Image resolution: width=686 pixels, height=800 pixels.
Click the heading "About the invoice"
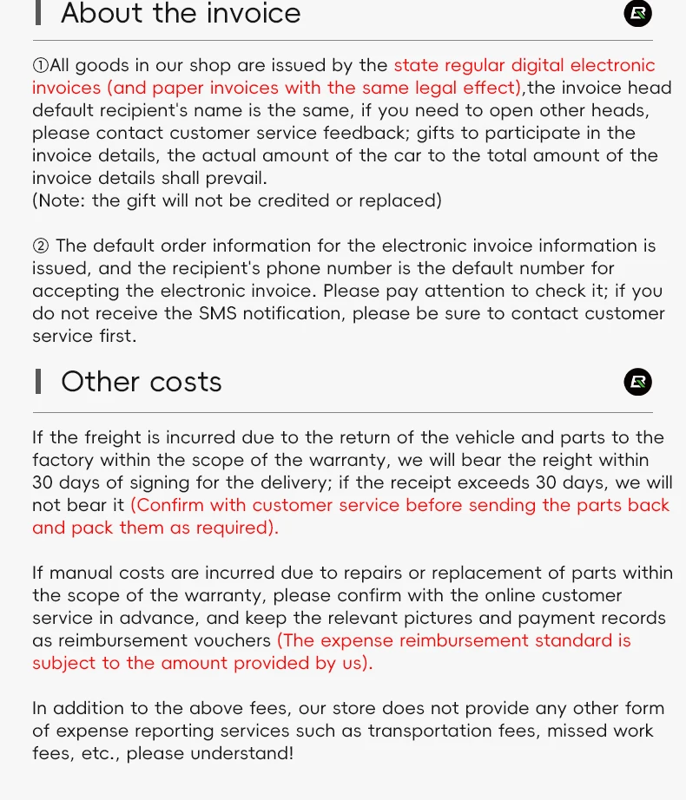point(181,14)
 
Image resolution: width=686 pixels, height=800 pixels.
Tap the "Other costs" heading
point(142,382)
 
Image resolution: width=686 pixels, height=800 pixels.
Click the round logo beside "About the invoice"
point(638,13)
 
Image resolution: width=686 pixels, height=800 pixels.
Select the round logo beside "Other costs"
point(638,382)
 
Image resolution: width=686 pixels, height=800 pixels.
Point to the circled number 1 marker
point(41,66)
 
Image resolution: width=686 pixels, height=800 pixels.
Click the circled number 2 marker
point(41,246)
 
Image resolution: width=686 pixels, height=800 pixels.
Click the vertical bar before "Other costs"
point(38,382)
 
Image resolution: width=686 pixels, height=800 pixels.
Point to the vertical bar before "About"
point(38,13)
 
